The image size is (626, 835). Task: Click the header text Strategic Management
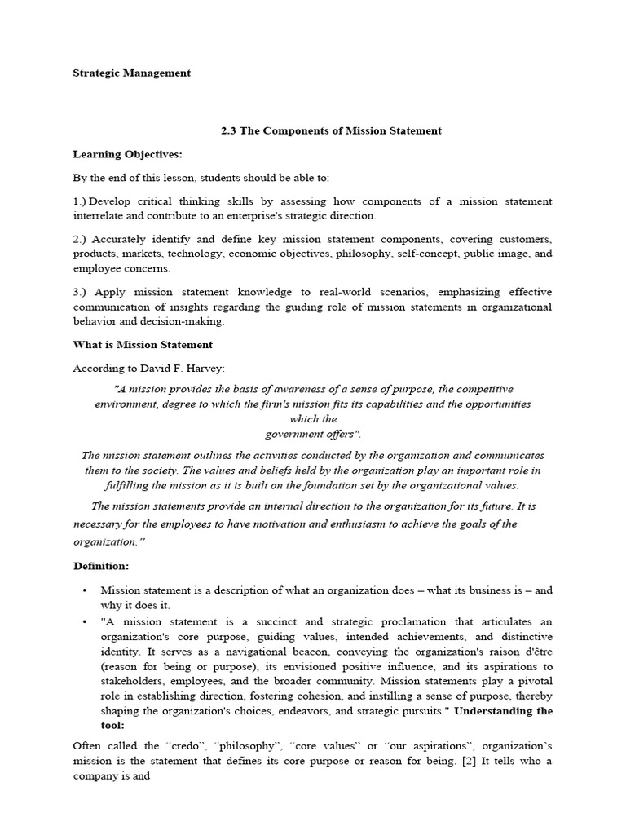point(131,73)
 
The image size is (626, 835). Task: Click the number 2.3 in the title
point(229,130)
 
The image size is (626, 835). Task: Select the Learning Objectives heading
point(127,154)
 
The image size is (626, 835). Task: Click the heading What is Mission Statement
point(143,345)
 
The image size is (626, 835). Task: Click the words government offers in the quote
point(312,434)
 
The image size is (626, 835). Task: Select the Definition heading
point(100,566)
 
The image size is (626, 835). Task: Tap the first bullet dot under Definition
point(84,590)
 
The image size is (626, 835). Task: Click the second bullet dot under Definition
point(84,621)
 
